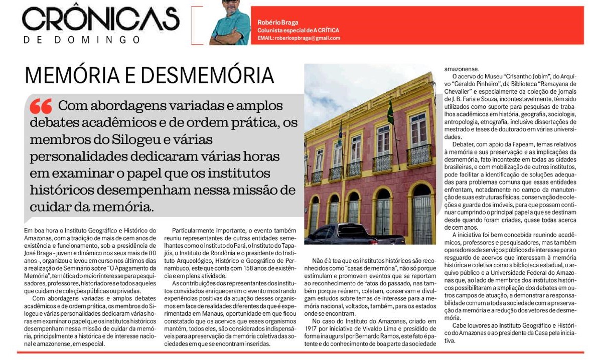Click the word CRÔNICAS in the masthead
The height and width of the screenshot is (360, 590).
tap(100, 20)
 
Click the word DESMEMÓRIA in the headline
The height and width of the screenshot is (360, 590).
tap(208, 75)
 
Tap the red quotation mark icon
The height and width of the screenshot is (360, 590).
tap(41, 106)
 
